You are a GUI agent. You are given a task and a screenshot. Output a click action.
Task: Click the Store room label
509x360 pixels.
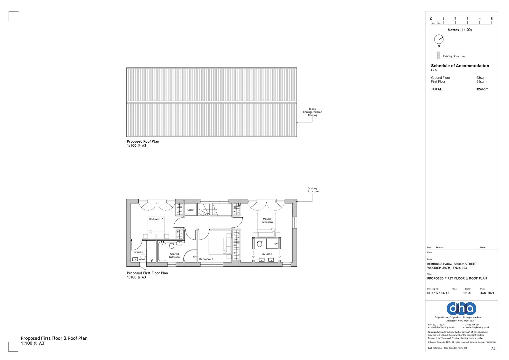190,210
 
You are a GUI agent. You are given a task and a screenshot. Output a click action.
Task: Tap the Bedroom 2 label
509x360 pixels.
156,219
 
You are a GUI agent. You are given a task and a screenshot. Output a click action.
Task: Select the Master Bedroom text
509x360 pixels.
267,220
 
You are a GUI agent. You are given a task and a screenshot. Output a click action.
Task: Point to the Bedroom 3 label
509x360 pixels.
206,259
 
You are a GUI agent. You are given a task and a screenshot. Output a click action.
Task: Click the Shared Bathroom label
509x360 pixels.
174,255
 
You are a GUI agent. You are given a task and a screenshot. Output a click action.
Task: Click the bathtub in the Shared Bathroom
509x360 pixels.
162,251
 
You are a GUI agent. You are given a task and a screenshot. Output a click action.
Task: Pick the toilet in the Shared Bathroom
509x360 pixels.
172,245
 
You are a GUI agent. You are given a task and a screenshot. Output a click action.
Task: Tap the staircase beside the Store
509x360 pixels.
206,210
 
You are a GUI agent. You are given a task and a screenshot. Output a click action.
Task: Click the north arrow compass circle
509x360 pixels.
439,39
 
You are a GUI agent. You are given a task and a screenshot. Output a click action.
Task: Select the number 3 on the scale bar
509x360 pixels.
467,19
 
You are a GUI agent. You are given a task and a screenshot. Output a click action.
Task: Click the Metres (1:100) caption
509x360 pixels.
460,30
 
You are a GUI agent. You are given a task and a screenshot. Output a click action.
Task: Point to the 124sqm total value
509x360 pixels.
482,89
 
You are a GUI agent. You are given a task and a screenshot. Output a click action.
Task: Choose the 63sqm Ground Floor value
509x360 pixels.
481,78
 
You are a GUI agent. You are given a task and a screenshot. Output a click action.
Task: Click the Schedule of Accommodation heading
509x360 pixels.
460,66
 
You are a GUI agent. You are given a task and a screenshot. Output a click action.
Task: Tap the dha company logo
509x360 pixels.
461,308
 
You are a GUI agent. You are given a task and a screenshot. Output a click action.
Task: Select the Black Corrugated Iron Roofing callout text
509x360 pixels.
312,112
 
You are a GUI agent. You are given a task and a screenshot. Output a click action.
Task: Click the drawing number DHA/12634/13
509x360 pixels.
438,293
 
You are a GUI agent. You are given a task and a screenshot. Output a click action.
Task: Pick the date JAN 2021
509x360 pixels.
487,293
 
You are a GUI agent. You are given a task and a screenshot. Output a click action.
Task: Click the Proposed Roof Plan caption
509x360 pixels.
143,142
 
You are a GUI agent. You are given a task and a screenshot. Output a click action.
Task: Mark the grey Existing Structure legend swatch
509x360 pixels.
438,55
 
